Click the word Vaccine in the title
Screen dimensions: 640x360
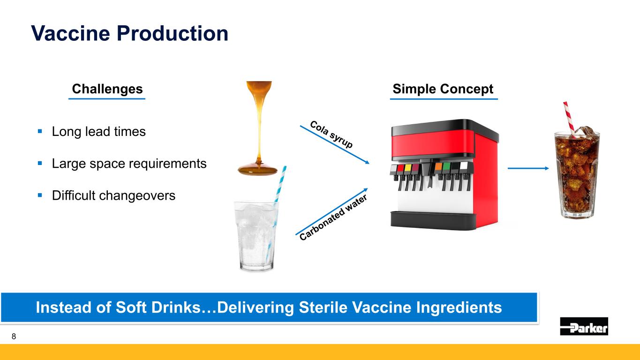tap(71, 33)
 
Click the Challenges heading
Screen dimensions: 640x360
tap(107, 89)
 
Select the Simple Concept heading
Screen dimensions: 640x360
tap(443, 89)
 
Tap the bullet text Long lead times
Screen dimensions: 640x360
tap(98, 131)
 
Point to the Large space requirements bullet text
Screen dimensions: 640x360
tap(129, 164)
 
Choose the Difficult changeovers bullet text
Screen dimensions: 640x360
tap(113, 195)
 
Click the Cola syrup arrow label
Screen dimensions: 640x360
tap(331, 134)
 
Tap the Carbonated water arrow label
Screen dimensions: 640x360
tap(333, 217)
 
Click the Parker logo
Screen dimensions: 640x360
tap(584, 326)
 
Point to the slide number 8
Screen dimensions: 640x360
tap(14, 336)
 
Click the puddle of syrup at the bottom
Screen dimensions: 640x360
tap(258, 170)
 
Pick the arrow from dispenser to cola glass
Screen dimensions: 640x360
tap(528, 168)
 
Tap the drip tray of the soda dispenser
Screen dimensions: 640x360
tap(433, 221)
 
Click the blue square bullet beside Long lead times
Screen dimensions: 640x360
tap(40, 131)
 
